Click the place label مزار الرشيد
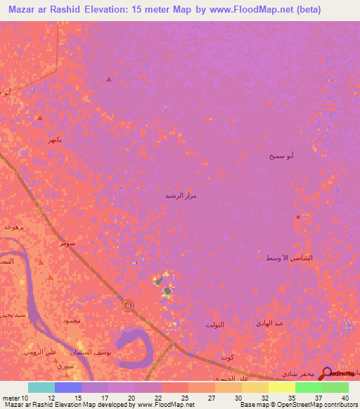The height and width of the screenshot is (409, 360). point(180,195)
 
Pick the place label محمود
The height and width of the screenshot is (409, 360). point(72,320)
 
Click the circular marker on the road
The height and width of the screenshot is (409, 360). point(127,306)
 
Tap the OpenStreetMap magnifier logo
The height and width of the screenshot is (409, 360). point(327,373)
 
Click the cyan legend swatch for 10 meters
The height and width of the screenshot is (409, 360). point(41,387)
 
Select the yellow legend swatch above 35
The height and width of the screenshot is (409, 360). point(281,387)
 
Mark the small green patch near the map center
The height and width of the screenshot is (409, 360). point(167,290)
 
